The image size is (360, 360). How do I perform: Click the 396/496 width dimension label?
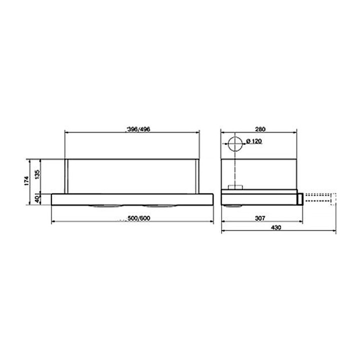138,129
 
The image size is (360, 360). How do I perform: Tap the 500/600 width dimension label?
139,218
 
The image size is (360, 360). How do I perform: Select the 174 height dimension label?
26,181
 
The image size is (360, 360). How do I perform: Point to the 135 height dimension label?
37,174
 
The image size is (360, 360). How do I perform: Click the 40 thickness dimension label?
37,199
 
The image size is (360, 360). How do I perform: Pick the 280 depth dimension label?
260,129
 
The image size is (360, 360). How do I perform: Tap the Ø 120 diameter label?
254,141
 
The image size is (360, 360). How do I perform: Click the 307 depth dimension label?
260,218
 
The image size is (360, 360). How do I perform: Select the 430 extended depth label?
276,227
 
